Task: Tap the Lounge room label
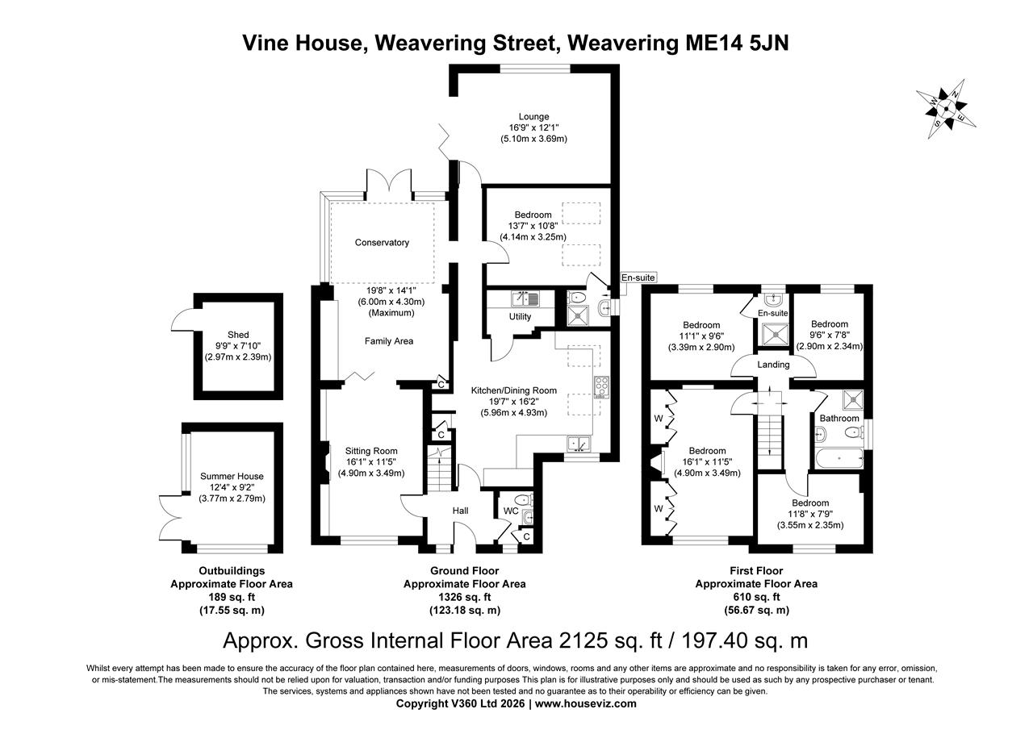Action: click(533, 116)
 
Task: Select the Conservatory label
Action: click(382, 242)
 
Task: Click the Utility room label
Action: click(520, 316)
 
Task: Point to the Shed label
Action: click(238, 334)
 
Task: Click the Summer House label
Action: click(232, 476)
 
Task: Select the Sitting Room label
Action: click(371, 451)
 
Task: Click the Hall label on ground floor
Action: click(460, 510)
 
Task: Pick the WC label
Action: click(510, 511)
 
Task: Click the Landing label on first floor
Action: click(773, 365)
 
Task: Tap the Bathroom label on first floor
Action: click(839, 419)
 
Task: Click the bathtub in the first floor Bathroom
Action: click(840, 459)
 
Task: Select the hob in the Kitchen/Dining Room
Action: click(601, 387)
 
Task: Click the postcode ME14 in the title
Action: click(705, 42)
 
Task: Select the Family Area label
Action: click(388, 341)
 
